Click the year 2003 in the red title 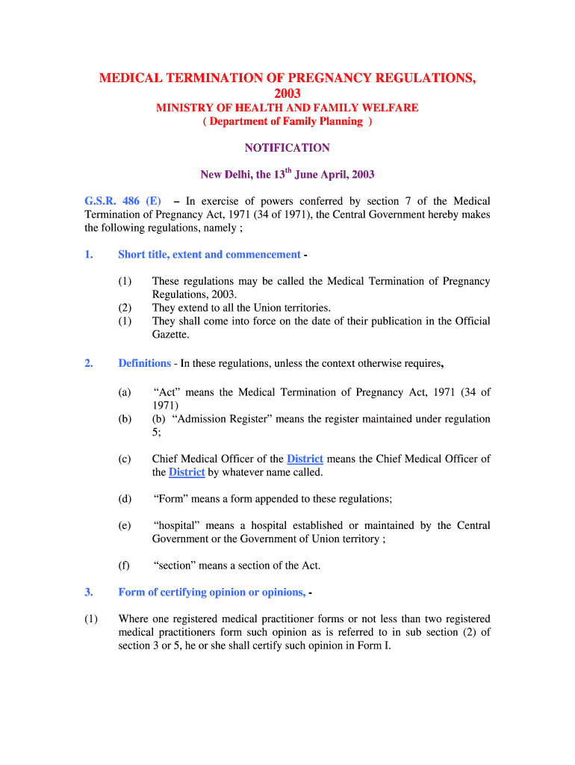[x=287, y=93]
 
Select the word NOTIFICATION [x=287, y=148]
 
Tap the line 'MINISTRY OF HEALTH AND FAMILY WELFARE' [x=287, y=108]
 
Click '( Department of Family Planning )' [x=287, y=122]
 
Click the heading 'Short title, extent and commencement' [x=209, y=255]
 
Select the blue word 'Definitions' [x=144, y=363]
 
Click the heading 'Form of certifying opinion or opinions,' [x=211, y=592]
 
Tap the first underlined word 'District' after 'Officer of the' [x=305, y=459]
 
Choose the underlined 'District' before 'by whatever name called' [x=187, y=472]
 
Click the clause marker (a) [x=124, y=392]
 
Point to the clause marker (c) [x=124, y=459]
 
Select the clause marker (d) [x=124, y=499]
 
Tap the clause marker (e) [x=124, y=526]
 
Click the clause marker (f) [x=124, y=566]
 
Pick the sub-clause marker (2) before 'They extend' [x=124, y=308]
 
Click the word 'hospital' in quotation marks [x=177, y=526]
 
